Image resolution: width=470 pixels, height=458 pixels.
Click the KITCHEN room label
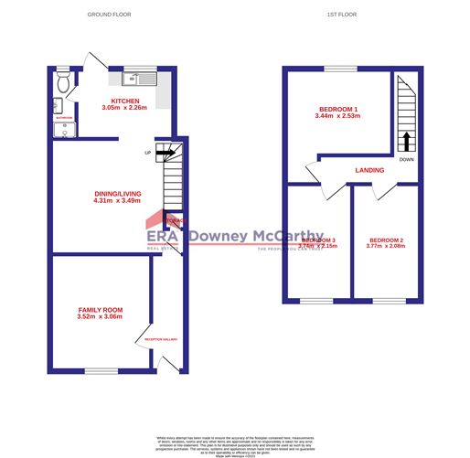(x=125, y=100)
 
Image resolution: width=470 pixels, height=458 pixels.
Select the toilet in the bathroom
(x=61, y=84)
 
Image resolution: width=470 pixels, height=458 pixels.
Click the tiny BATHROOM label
(x=64, y=118)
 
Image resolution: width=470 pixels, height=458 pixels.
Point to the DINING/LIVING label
(x=118, y=193)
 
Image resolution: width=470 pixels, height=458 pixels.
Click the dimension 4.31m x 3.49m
(x=118, y=201)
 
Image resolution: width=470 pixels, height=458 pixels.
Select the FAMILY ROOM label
(x=100, y=311)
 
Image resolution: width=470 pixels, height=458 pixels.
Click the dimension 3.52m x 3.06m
(x=100, y=318)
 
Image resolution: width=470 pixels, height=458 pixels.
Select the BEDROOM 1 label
(x=337, y=109)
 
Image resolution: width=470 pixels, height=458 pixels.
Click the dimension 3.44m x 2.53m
(x=337, y=117)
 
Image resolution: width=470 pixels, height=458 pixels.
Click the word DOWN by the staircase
(x=407, y=159)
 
